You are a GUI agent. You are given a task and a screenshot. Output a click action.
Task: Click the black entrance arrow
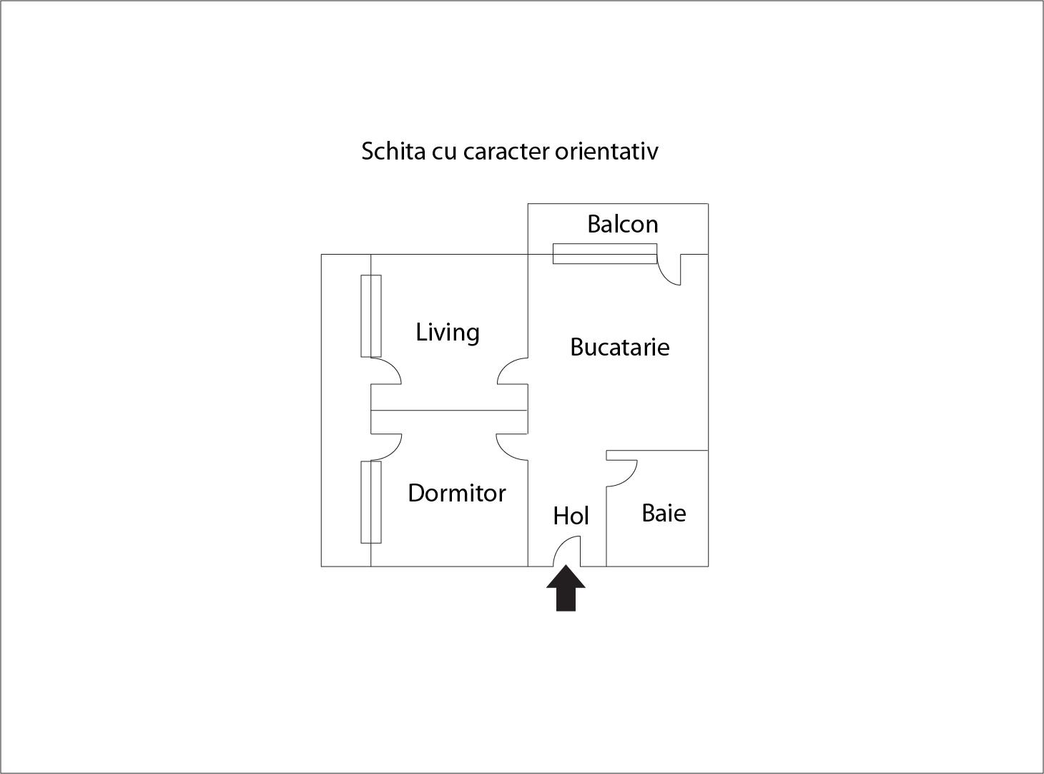[x=566, y=588]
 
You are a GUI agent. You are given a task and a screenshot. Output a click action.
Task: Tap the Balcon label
[x=623, y=224]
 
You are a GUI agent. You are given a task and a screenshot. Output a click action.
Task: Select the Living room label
[x=448, y=333]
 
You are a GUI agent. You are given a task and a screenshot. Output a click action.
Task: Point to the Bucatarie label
[x=620, y=347]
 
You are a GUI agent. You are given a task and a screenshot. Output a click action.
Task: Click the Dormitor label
[x=457, y=494]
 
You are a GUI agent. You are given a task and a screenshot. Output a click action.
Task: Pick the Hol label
[x=571, y=516]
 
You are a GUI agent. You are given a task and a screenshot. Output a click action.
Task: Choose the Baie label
[x=664, y=513]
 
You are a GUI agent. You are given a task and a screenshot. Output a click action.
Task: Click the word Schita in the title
[x=393, y=151]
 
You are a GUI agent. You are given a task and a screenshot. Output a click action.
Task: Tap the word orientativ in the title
[x=606, y=151]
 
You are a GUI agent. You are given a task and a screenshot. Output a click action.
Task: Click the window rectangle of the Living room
[x=371, y=316]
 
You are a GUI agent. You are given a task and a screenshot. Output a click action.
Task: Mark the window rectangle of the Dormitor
[x=371, y=502]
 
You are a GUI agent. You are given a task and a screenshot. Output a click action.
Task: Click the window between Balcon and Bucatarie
[x=605, y=253]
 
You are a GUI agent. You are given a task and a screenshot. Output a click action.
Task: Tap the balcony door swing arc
[x=669, y=270]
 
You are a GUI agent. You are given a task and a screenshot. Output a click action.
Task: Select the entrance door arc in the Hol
[x=567, y=551]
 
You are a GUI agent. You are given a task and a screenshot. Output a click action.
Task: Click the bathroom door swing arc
[x=622, y=473]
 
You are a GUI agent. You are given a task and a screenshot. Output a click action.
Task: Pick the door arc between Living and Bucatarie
[x=513, y=371]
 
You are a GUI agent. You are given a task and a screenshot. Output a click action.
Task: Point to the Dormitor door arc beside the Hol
[x=512, y=447]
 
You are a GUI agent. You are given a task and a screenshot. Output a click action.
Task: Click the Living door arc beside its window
[x=386, y=371]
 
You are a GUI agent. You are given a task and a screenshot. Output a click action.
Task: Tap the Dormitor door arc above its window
[x=386, y=447]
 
